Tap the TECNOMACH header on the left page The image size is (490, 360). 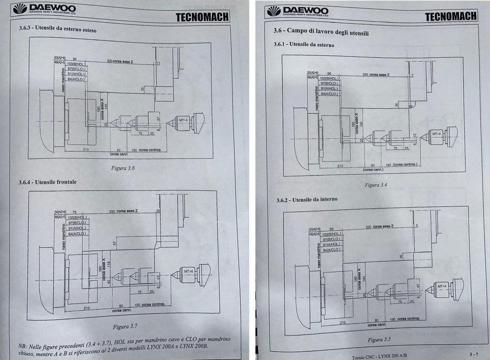(202, 17)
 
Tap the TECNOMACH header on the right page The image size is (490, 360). (451, 16)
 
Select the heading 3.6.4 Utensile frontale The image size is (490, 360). (47, 182)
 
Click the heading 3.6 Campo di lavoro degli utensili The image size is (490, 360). (321, 33)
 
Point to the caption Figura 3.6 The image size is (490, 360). (123, 168)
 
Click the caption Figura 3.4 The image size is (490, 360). (376, 184)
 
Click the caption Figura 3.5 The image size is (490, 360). (379, 339)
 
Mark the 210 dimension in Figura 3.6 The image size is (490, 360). (86, 150)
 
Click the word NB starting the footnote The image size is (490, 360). (22, 345)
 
